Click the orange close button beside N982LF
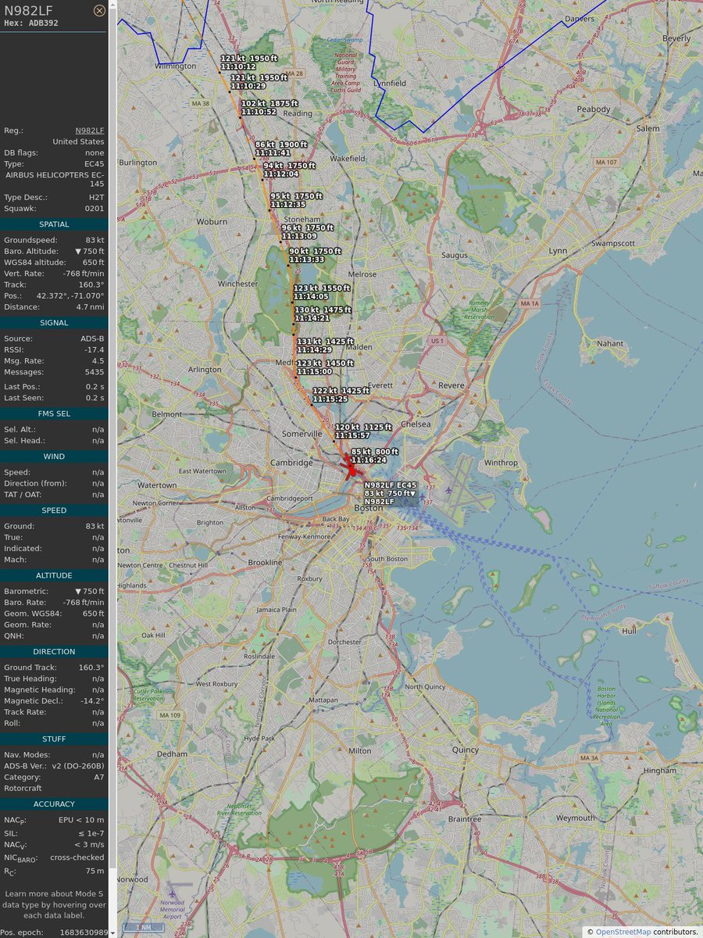pyautogui.click(x=99, y=10)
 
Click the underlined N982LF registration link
pyautogui.click(x=89, y=131)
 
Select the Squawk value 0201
pyautogui.click(x=95, y=209)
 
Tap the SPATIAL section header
pyautogui.click(x=54, y=224)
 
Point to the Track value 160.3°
pyautogui.click(x=91, y=285)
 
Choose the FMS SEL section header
pyautogui.click(x=54, y=414)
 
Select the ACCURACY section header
pyautogui.click(x=54, y=804)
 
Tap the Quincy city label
pyautogui.click(x=465, y=750)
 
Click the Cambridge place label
pyautogui.click(x=291, y=463)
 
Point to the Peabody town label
pyautogui.click(x=594, y=109)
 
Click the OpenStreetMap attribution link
pyautogui.click(x=623, y=931)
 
